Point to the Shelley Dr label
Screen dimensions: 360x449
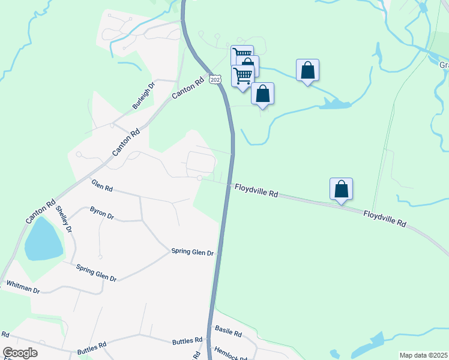[x=63, y=220]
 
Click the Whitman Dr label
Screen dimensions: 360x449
[x=23, y=287]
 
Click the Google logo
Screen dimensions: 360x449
[x=20, y=353]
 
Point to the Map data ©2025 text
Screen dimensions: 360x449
[x=423, y=355]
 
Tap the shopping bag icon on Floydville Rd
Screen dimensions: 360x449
[x=341, y=189]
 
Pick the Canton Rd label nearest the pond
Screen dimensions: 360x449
[x=40, y=211]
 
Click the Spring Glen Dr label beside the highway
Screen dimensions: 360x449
[x=192, y=252]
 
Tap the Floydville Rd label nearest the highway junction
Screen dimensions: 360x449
[x=256, y=190]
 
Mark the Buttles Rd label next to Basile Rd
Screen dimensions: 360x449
[x=187, y=341]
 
